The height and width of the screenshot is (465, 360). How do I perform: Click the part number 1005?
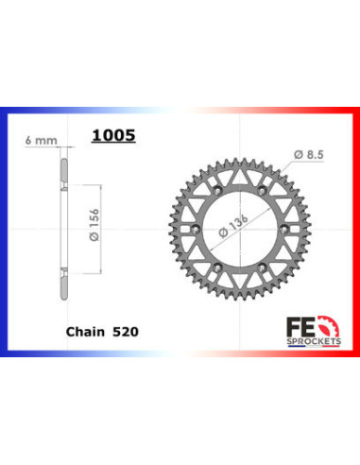pyautogui.click(x=112, y=135)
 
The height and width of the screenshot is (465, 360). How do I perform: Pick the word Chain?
pyautogui.click(x=85, y=332)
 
